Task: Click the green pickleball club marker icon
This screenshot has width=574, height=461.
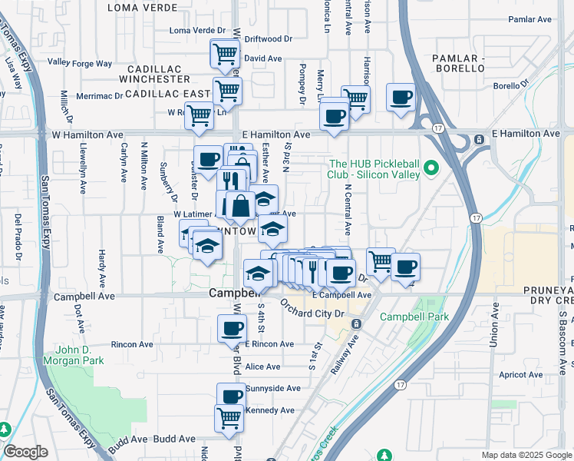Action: [431, 167]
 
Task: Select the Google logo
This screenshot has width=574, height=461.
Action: [25, 452]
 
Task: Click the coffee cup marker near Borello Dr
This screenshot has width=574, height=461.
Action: [400, 98]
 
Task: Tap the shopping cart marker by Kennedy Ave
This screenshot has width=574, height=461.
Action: [229, 418]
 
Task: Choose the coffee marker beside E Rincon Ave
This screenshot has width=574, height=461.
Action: [230, 329]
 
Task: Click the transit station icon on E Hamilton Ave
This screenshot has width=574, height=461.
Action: [480, 139]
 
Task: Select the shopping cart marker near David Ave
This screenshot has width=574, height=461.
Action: [225, 54]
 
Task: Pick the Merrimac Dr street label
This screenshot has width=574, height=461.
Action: [100, 96]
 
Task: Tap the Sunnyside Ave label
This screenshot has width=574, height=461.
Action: [272, 389]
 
